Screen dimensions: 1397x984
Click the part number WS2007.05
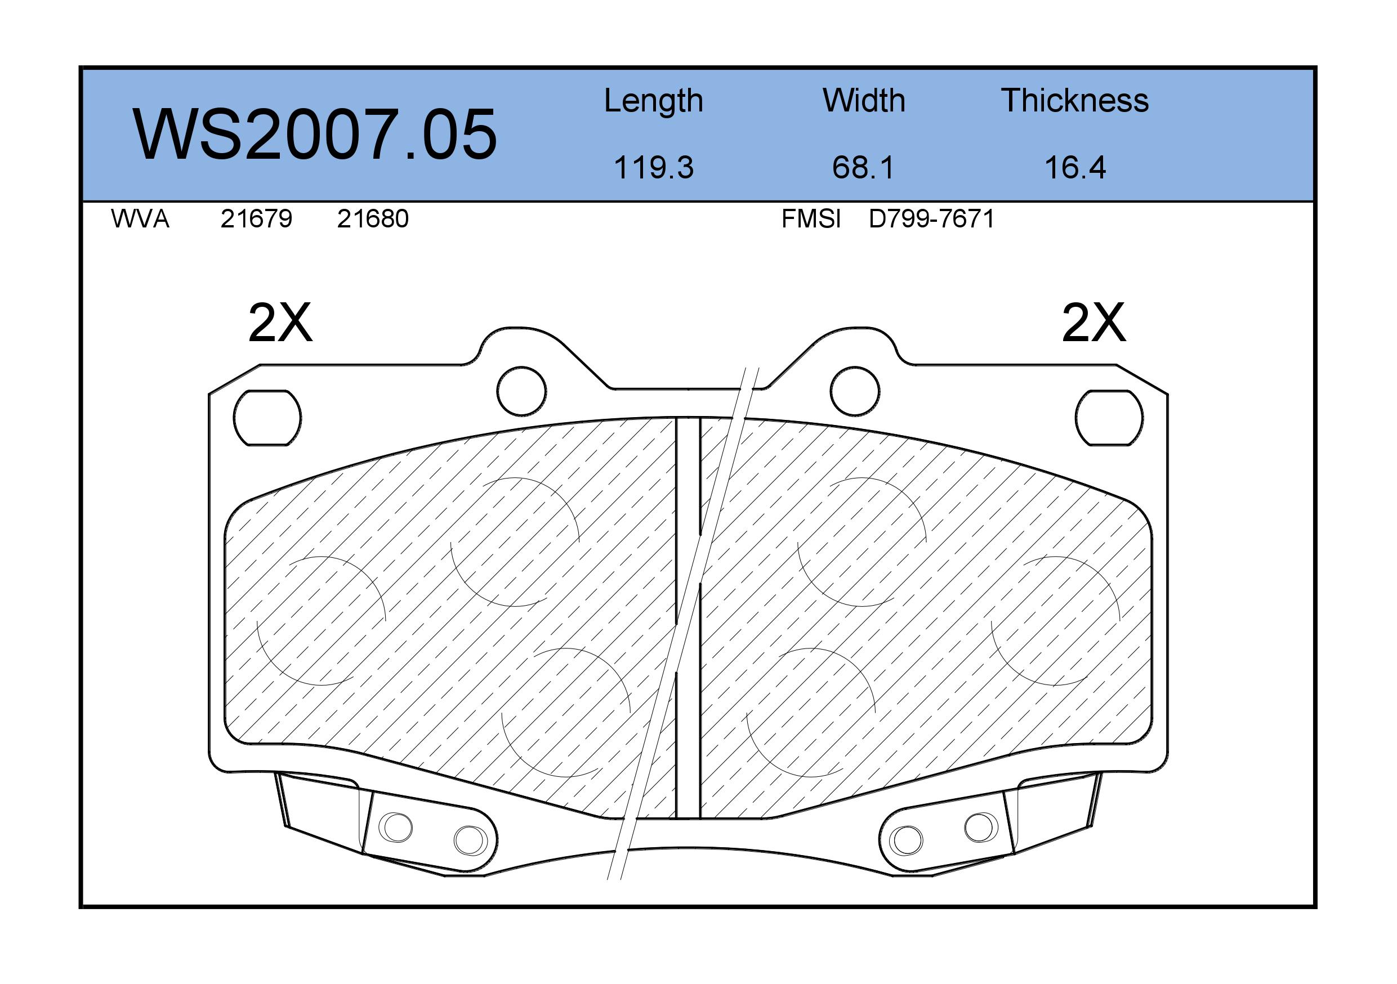[x=315, y=135]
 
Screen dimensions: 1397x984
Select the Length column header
[x=654, y=101]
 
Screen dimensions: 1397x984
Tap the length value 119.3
[x=654, y=167]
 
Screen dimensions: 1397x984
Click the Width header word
[x=863, y=100]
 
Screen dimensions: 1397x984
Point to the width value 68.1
[x=863, y=167]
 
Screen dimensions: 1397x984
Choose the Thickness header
[x=1074, y=100]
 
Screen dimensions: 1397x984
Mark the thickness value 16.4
[x=1075, y=167]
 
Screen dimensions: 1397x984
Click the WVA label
[x=140, y=219]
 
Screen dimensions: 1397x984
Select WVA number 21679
[x=256, y=219]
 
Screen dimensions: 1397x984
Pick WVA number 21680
[x=372, y=219]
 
